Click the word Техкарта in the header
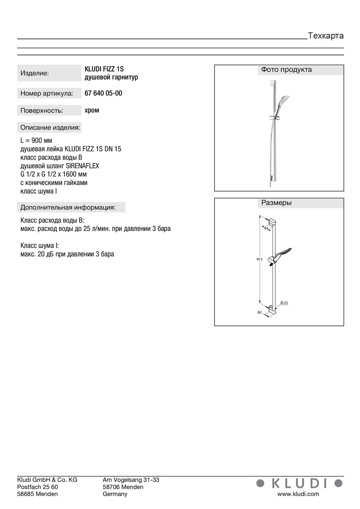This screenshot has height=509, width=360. tap(325, 36)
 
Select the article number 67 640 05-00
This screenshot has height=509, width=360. tap(103, 93)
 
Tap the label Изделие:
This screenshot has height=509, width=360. tap(35, 73)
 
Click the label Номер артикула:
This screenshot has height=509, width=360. tap(47, 94)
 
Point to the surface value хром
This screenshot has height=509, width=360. tap(92, 110)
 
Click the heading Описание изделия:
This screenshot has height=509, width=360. tap(50, 128)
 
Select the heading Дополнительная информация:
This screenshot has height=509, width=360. tap(68, 207)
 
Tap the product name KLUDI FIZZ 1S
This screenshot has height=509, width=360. tap(104, 69)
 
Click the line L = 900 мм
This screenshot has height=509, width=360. tap(36, 141)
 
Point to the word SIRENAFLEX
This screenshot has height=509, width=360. tap(83, 166)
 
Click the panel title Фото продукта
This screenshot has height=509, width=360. tap(286, 70)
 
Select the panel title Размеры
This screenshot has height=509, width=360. tap(276, 203)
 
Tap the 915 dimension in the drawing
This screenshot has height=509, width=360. tap(259, 259)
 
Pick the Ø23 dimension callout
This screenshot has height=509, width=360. tap(284, 303)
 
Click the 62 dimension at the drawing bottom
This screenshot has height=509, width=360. tap(259, 312)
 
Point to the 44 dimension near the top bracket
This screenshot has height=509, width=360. tap(266, 228)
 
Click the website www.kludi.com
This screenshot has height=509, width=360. tap(298, 494)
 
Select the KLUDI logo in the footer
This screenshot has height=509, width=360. tap(299, 483)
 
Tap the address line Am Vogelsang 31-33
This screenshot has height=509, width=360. tap(131, 480)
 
